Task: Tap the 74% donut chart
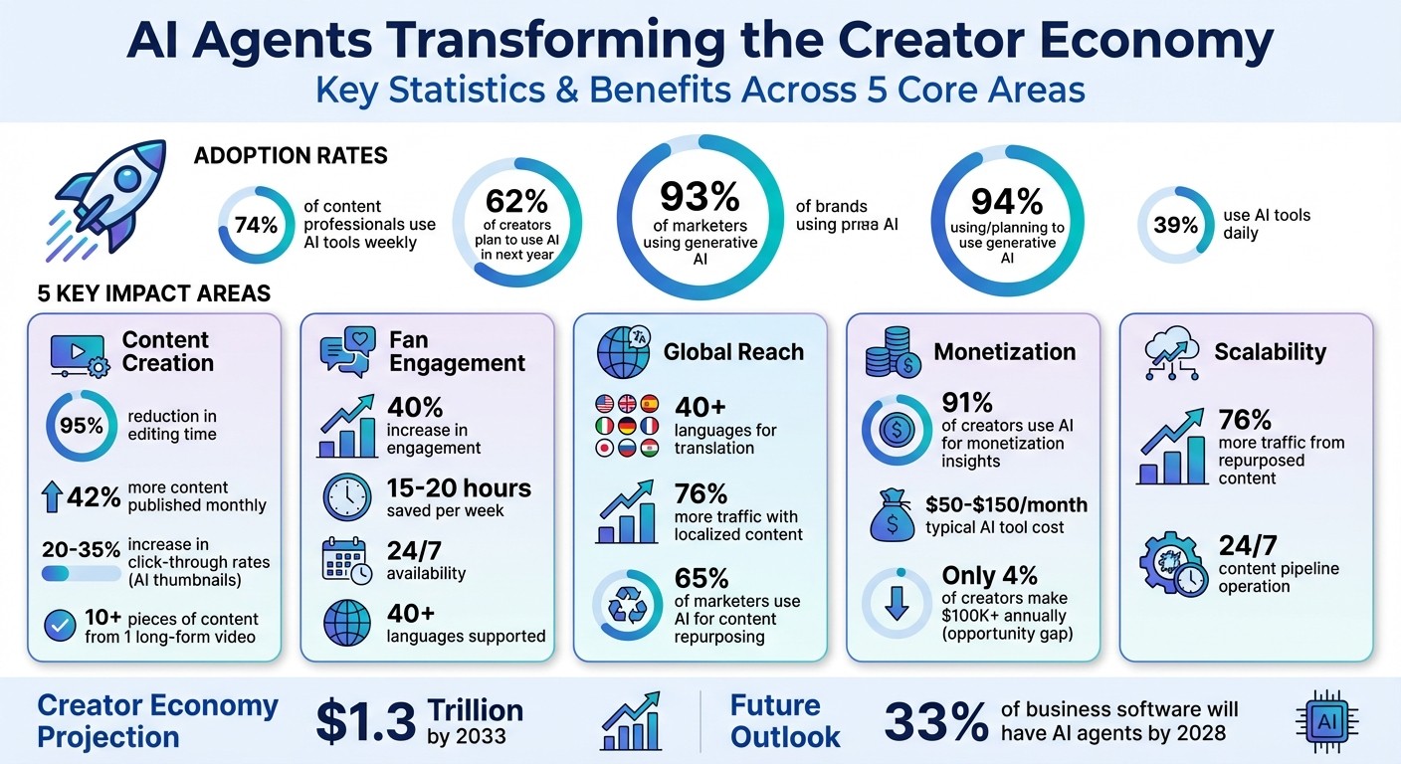[x=255, y=225]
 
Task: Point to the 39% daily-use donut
[x=1175, y=225]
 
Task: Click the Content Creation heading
[x=166, y=351]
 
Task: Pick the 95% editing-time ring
[x=81, y=426]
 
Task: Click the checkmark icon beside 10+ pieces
[x=62, y=626]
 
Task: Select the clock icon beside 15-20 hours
[x=348, y=495]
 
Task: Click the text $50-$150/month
[x=1006, y=504]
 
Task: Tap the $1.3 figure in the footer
[x=364, y=722]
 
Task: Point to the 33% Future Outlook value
[x=935, y=722]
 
